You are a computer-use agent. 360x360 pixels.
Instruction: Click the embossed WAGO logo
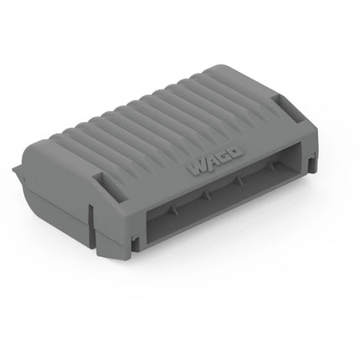(x=214, y=162)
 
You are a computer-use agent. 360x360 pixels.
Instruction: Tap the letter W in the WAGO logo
(x=197, y=168)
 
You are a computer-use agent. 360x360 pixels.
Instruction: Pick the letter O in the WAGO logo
(x=235, y=152)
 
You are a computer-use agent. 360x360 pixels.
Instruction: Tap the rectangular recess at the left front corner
(x=111, y=188)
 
